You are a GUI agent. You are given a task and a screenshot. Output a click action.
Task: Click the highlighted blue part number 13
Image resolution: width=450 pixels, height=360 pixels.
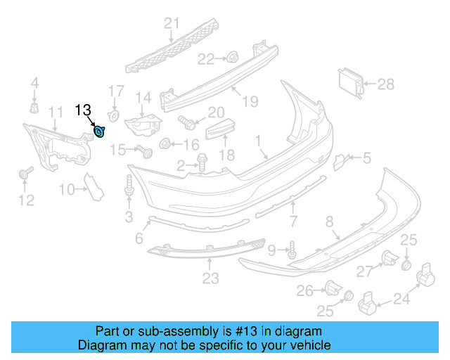coord(101,131)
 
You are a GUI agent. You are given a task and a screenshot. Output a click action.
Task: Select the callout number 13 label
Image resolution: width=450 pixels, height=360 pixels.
coord(84,110)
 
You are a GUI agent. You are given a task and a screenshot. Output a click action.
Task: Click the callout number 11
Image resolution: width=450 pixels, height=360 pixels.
coord(55,112)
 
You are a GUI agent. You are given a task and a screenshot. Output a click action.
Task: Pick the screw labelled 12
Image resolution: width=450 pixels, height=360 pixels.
coord(27,173)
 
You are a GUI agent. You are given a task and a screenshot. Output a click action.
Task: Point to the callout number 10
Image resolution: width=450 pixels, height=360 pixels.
coord(67,188)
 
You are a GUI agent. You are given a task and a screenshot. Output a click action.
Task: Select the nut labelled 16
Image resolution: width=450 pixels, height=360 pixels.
coord(166,144)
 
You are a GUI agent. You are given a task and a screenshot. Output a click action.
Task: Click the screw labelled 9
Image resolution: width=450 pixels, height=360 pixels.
coord(292,248)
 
